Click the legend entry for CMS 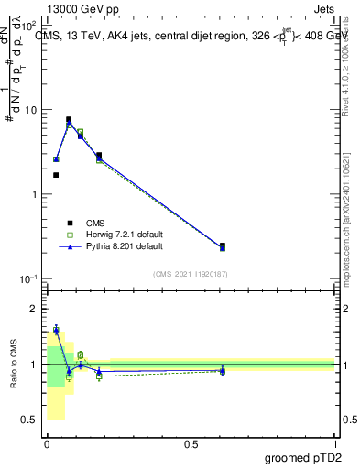(x=94, y=223)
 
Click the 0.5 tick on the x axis (x=191, y=443)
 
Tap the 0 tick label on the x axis (x=47, y=443)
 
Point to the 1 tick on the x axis (x=334, y=443)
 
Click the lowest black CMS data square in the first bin (x=56, y=175)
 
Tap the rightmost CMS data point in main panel (x=223, y=245)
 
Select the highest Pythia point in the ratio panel (x=56, y=330)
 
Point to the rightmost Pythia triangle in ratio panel (x=223, y=371)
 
